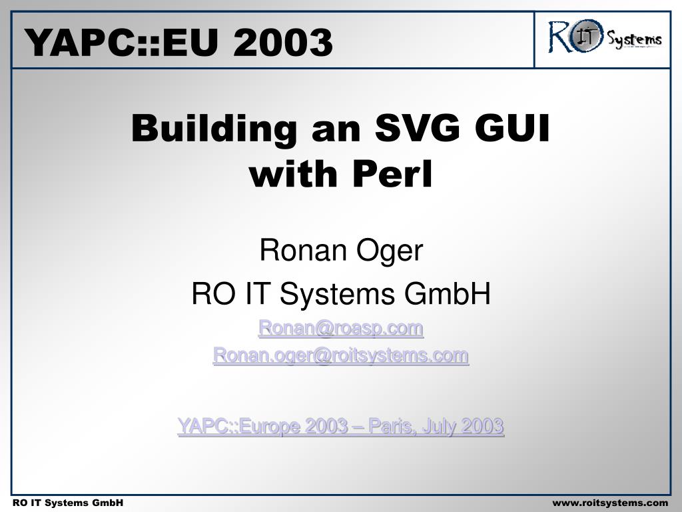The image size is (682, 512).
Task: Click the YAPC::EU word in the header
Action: coord(121,42)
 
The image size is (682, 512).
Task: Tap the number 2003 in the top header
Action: coord(282,42)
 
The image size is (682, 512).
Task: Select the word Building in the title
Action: coord(214,129)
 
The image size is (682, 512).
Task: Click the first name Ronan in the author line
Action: coord(303,251)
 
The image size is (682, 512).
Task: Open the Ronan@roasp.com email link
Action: coord(340,328)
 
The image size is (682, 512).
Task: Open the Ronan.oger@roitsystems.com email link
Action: coord(340,356)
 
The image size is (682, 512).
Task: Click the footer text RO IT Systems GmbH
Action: coord(68,503)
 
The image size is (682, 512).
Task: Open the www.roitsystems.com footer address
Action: coord(610,503)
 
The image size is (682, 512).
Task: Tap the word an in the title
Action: coord(336,133)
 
